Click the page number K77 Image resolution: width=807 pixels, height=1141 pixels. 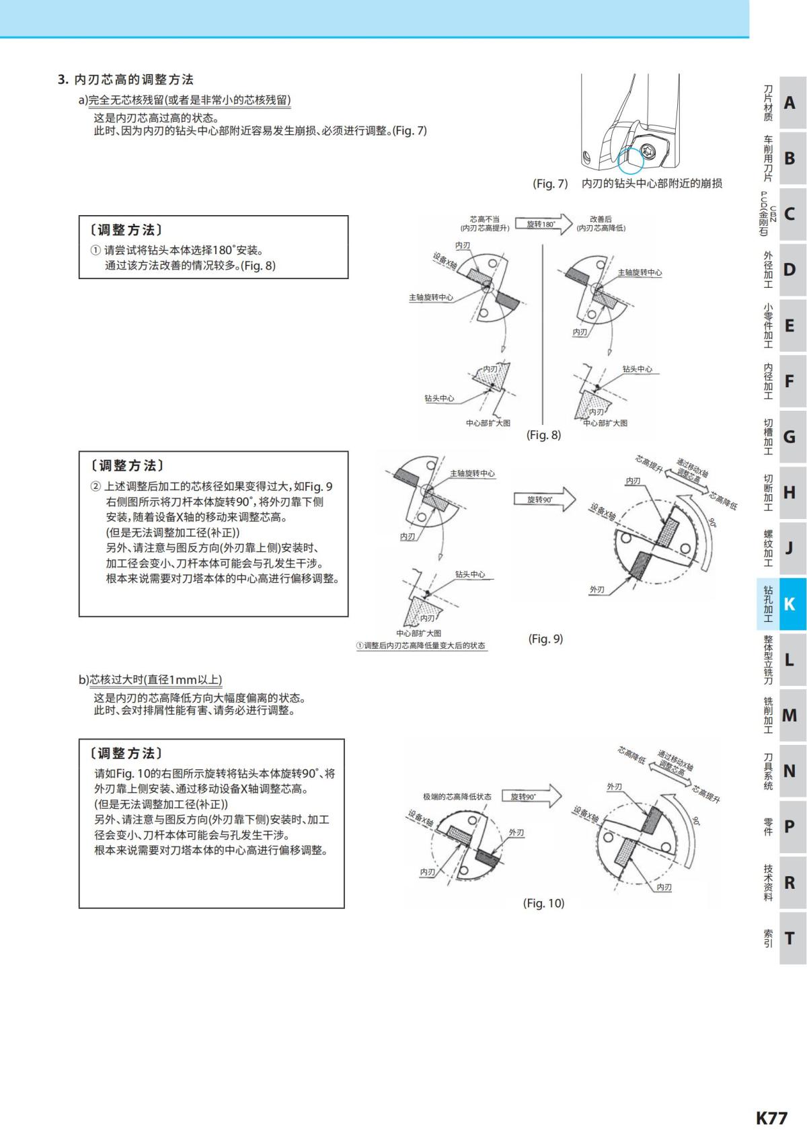click(x=771, y=1117)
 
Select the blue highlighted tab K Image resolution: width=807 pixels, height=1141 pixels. click(x=790, y=604)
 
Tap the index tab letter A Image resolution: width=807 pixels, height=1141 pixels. click(x=790, y=103)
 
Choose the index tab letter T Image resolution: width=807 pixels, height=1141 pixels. click(x=790, y=938)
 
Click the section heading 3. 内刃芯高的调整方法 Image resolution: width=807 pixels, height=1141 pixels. click(x=126, y=79)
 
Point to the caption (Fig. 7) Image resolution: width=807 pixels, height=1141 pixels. click(x=550, y=184)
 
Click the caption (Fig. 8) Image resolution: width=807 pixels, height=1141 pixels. click(x=543, y=435)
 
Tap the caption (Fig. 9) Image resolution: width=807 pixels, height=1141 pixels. click(x=545, y=639)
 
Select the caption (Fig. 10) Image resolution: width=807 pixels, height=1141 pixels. click(x=543, y=903)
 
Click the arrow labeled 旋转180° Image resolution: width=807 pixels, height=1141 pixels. click(x=543, y=224)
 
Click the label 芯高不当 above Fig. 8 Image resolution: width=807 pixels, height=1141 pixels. click(x=484, y=219)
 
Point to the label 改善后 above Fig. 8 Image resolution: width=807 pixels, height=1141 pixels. click(x=601, y=219)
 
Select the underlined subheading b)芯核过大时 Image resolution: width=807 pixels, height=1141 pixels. click(x=150, y=679)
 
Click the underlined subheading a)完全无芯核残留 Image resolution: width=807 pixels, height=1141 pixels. click(x=185, y=100)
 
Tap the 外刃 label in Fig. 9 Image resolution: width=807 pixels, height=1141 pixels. click(x=597, y=590)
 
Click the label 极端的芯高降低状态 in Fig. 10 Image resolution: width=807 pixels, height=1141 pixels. click(x=457, y=797)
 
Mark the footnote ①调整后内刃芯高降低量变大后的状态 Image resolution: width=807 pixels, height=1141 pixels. click(x=421, y=645)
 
